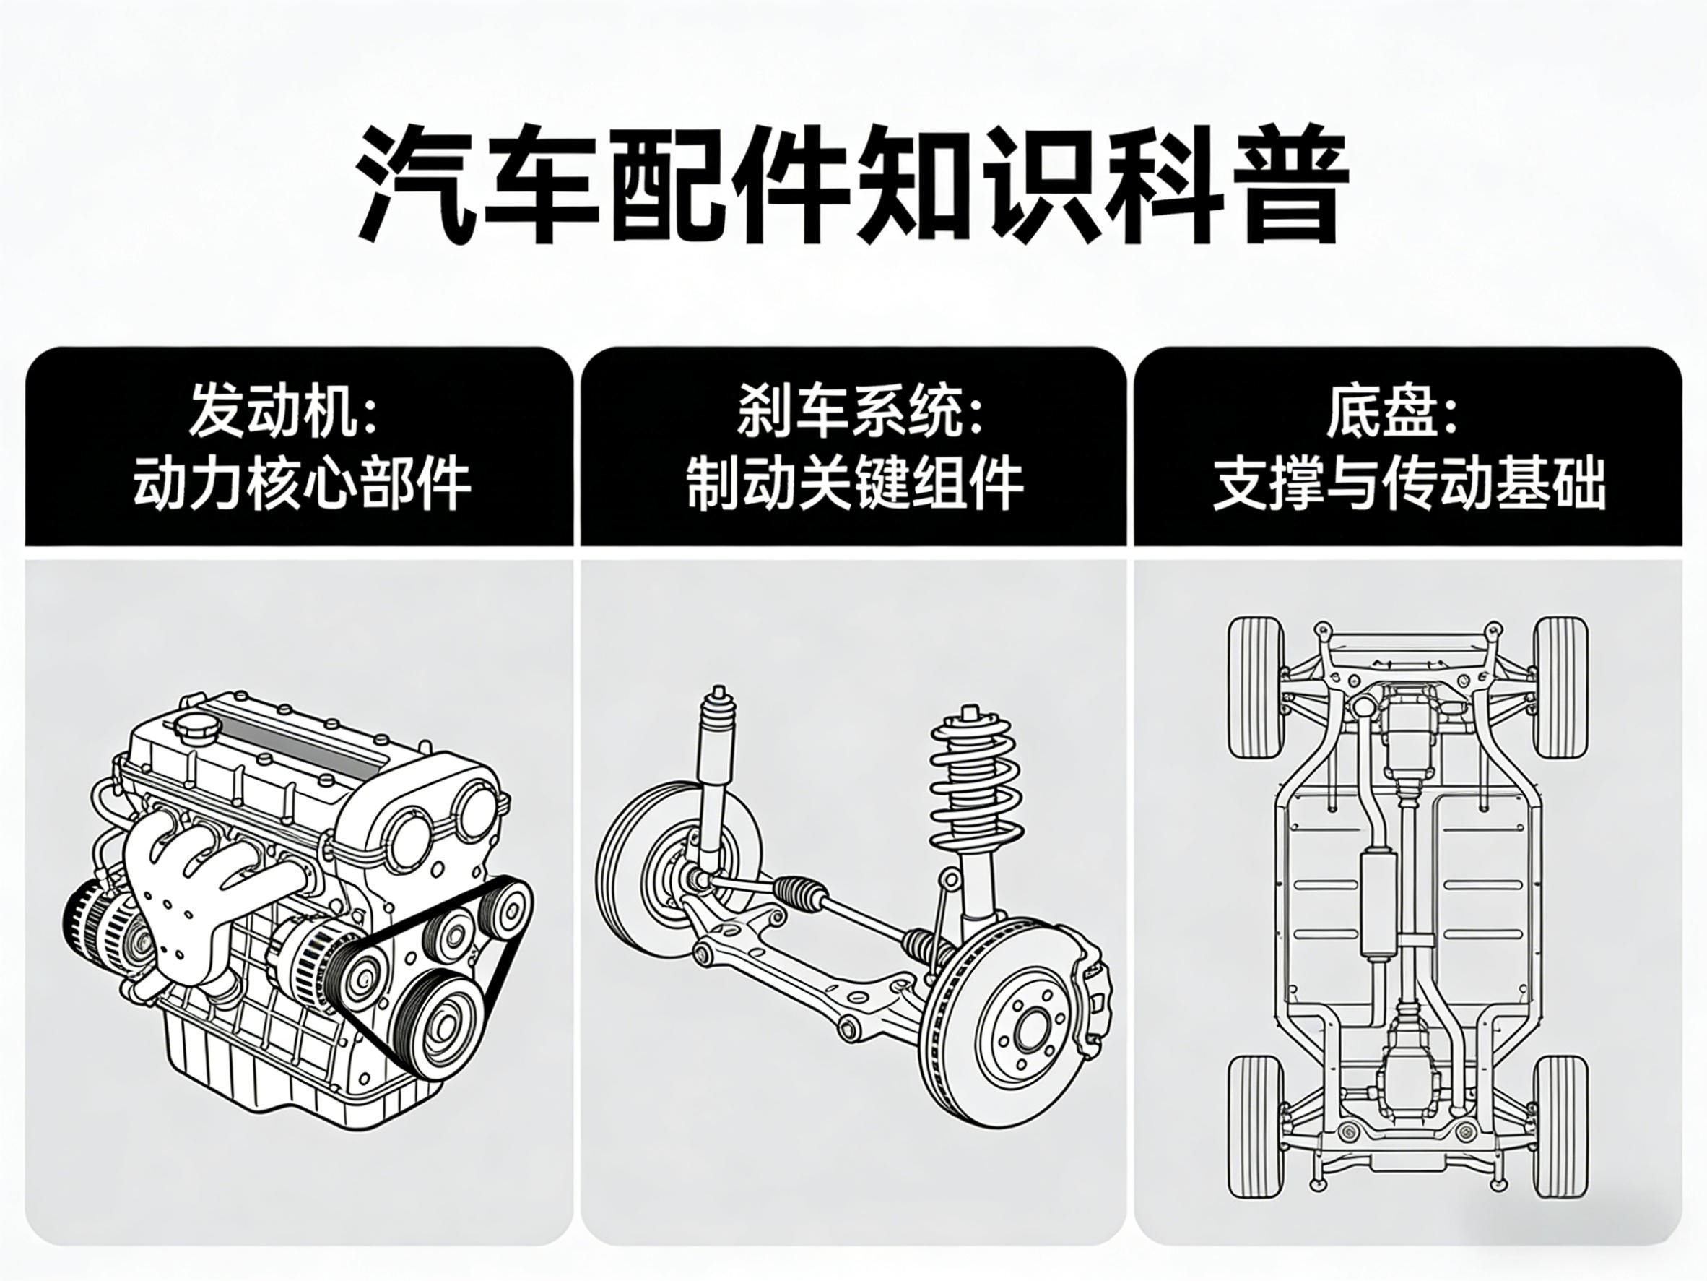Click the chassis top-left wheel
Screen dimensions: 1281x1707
[1254, 687]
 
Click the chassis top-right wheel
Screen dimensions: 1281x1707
[1561, 687]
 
